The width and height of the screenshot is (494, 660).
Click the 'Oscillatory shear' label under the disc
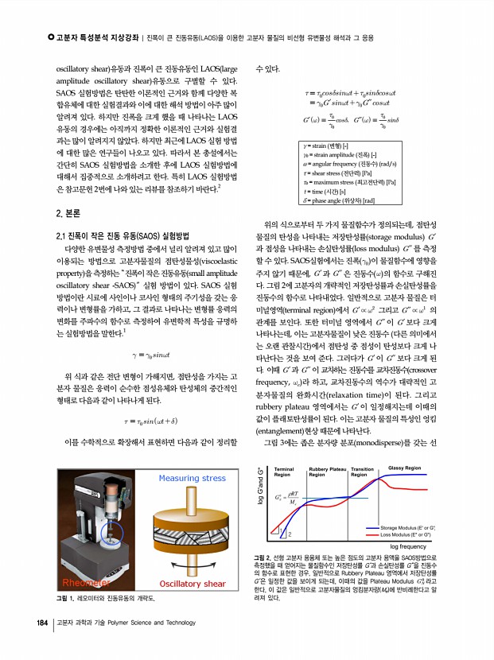[x=193, y=584]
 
